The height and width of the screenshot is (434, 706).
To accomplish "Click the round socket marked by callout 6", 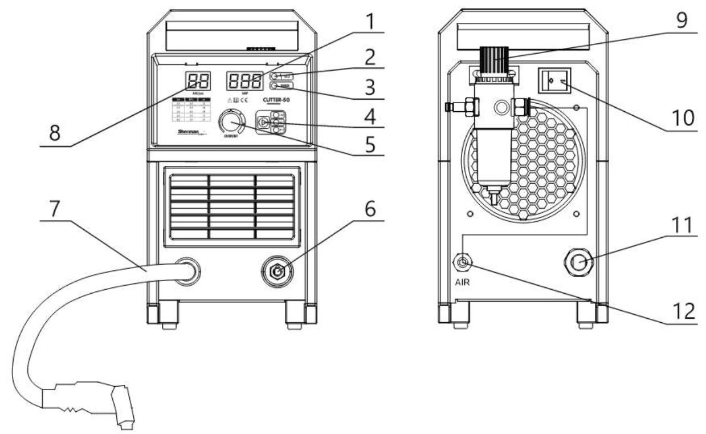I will click(x=277, y=272).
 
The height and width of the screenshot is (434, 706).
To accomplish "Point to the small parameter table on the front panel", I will click(x=190, y=110).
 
